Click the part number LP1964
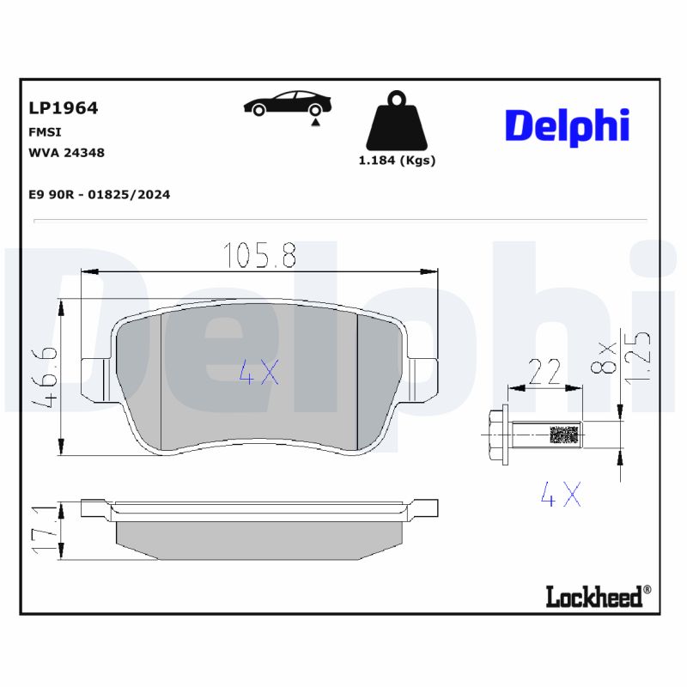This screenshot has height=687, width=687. point(64,108)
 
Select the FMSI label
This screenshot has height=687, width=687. point(45,132)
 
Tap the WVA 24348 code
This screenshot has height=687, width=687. point(67,153)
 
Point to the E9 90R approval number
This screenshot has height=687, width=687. point(100,195)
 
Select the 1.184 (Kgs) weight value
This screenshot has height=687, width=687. point(397,161)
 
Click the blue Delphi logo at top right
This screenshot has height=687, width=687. point(567,125)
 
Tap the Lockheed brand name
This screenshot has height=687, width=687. point(594,596)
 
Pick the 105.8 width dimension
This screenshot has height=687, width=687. point(259,255)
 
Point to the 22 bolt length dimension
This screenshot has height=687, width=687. point(544,372)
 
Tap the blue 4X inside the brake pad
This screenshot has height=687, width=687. point(258,371)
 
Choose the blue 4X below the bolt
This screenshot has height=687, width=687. point(561,494)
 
